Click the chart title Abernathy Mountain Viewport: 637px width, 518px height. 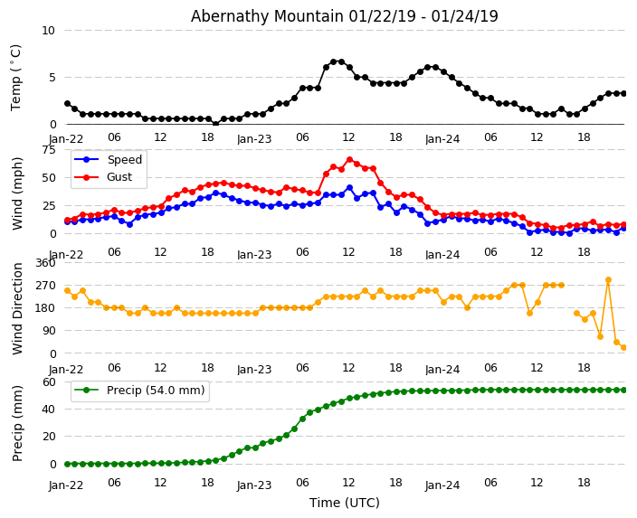pos(344,16)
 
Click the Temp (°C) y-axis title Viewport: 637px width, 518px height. pos(16,77)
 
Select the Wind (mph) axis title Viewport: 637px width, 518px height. pos(17,193)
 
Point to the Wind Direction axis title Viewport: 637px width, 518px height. pos(17,308)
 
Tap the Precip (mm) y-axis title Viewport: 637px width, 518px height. pos(17,423)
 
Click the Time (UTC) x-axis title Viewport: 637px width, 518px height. pos(344,504)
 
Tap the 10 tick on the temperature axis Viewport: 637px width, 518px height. pos(48,30)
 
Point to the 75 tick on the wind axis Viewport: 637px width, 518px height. pos(48,150)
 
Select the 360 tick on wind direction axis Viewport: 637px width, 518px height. pos(44,262)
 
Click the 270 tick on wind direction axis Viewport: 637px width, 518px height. pos(44,285)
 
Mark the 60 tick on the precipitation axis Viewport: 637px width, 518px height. pos(48,381)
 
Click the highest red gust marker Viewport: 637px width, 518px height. pos(349,160)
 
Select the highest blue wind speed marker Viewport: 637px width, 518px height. pos(349,188)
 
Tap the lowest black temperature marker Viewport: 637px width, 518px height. pos(215,123)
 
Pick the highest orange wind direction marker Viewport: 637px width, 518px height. pos(608,280)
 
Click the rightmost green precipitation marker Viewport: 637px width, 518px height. pos(623,390)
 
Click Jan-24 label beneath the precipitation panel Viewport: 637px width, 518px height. pos(442,485)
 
